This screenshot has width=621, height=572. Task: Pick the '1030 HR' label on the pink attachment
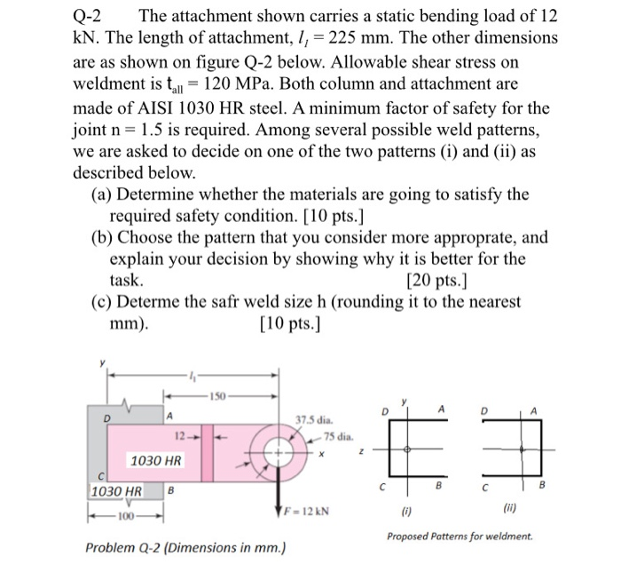tap(156, 461)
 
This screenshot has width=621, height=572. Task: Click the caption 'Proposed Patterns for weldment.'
tap(460, 536)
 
